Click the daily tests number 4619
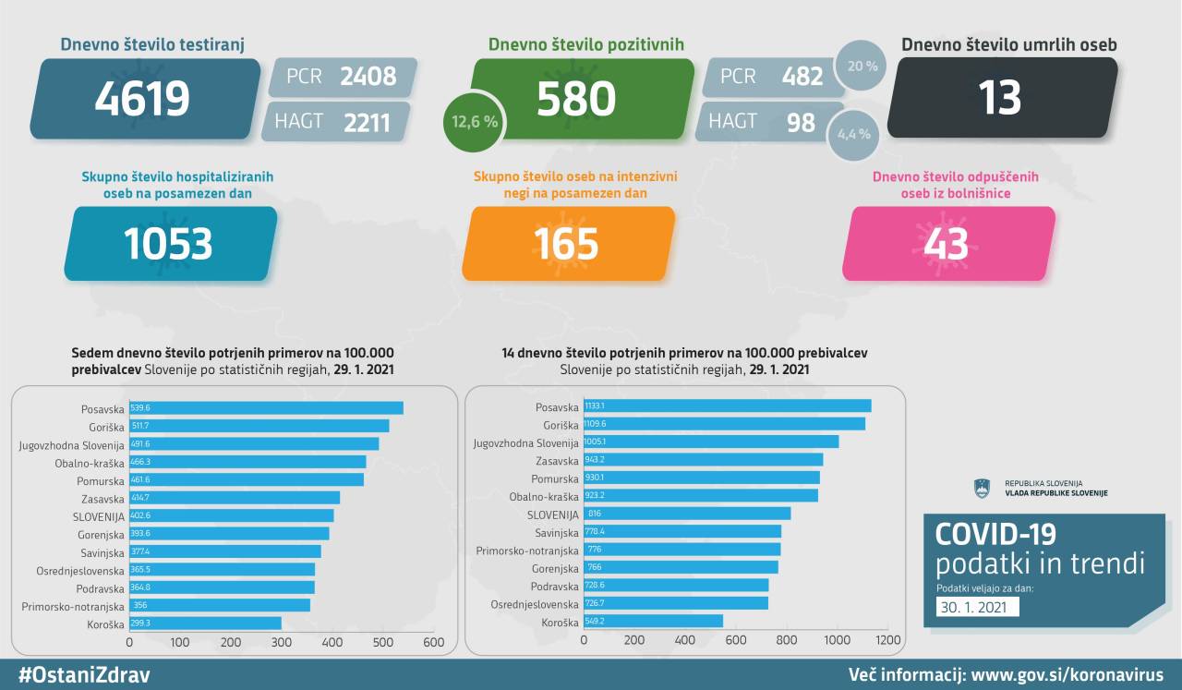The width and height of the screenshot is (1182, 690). pos(141,98)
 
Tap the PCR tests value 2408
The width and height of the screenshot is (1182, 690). pos(368,76)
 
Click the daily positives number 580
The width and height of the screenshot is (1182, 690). pos(576,98)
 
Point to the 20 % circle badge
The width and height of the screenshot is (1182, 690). pos(862,67)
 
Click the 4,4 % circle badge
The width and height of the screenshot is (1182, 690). pos(853,134)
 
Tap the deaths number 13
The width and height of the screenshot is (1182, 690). pos(1001,98)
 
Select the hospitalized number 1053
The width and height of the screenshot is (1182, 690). pos(168,243)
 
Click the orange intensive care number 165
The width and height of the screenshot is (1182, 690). pos(566,243)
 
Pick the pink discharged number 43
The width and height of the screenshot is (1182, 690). pos(946,243)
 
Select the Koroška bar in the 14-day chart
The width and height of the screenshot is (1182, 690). pos(653,621)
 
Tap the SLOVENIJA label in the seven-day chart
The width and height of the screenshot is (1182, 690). pos(99,515)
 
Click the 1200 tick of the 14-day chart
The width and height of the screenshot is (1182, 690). pos(887,639)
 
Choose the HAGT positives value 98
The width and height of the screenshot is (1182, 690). pos(801,122)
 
